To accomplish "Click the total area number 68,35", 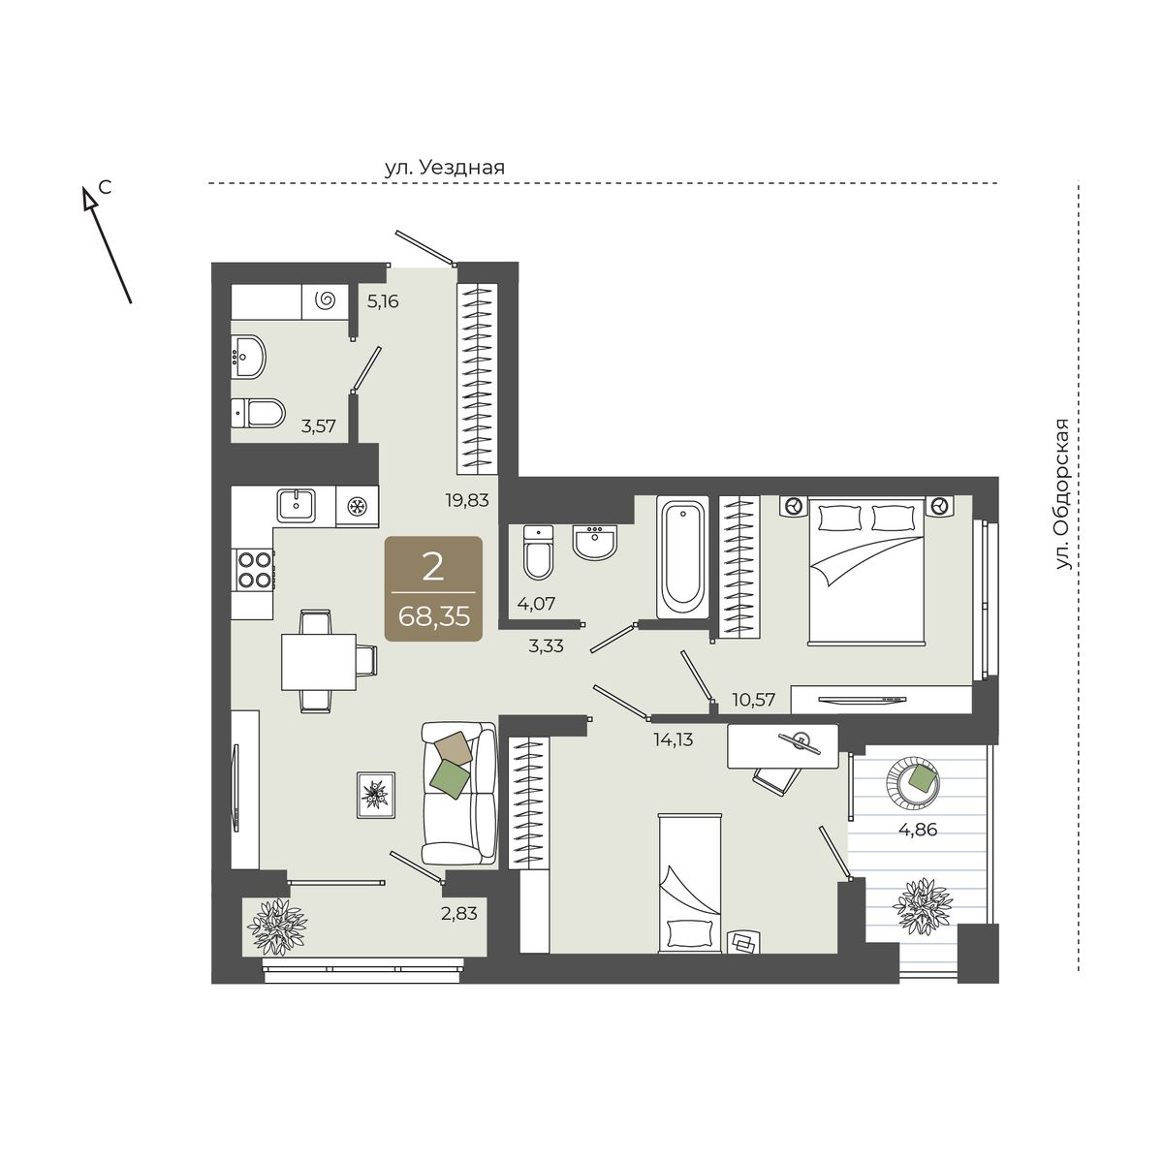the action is (x=434, y=616).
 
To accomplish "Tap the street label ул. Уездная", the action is (x=445, y=167).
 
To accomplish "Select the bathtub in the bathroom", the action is (x=682, y=557).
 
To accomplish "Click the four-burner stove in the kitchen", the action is (x=254, y=569).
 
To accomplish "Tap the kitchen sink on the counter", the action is (x=297, y=506).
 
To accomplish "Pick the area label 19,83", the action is (x=467, y=500).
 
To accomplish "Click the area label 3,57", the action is (x=319, y=426).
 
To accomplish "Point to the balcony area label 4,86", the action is (x=918, y=830).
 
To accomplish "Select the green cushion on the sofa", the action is (x=451, y=780).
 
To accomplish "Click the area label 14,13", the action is (x=674, y=739).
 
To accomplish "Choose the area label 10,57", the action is (x=754, y=700).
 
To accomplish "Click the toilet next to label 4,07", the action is (x=538, y=552).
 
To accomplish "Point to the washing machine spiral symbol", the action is (x=327, y=299).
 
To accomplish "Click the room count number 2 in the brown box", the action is (x=433, y=568).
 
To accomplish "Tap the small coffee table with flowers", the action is (x=376, y=796).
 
